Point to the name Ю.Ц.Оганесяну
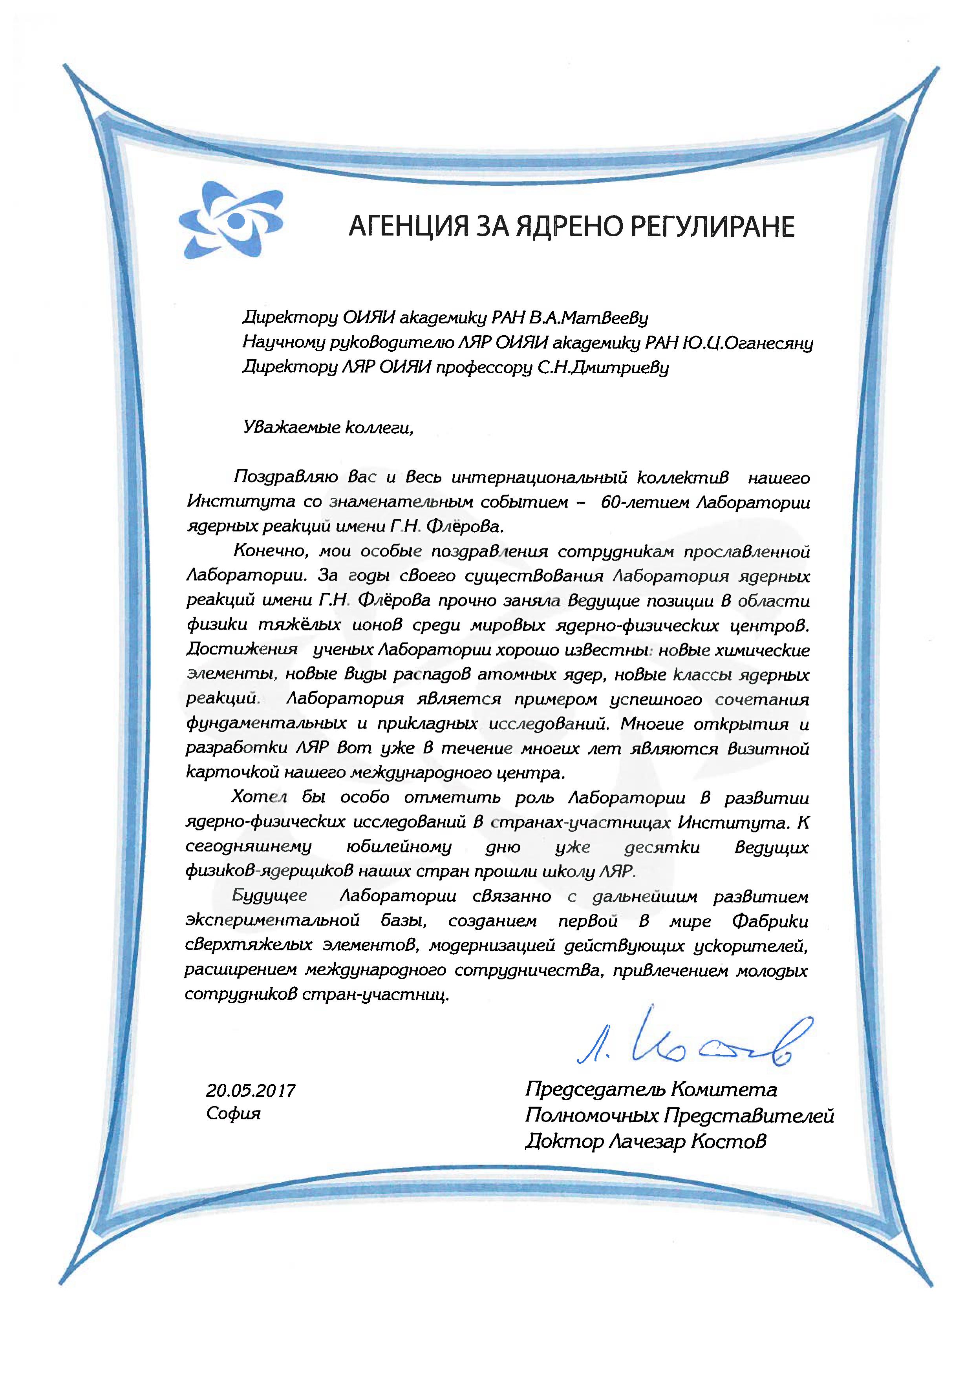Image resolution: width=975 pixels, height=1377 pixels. coord(748,343)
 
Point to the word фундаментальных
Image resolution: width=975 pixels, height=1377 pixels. coord(266,724)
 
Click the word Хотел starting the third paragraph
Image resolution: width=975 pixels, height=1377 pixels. coord(260,798)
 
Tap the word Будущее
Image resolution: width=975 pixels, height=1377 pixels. coord(269,897)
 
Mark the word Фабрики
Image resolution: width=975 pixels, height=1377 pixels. coord(770,921)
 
